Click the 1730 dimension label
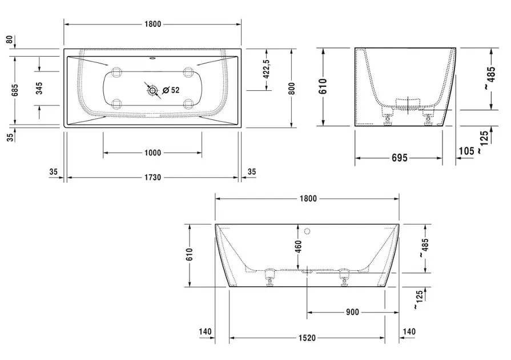click(152, 177)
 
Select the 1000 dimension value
click(152, 153)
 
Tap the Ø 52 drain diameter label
click(171, 90)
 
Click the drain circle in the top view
click(152, 90)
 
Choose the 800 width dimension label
click(292, 89)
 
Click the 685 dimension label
click(15, 90)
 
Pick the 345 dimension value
click(39, 89)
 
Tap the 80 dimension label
click(10, 39)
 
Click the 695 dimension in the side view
click(400, 158)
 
